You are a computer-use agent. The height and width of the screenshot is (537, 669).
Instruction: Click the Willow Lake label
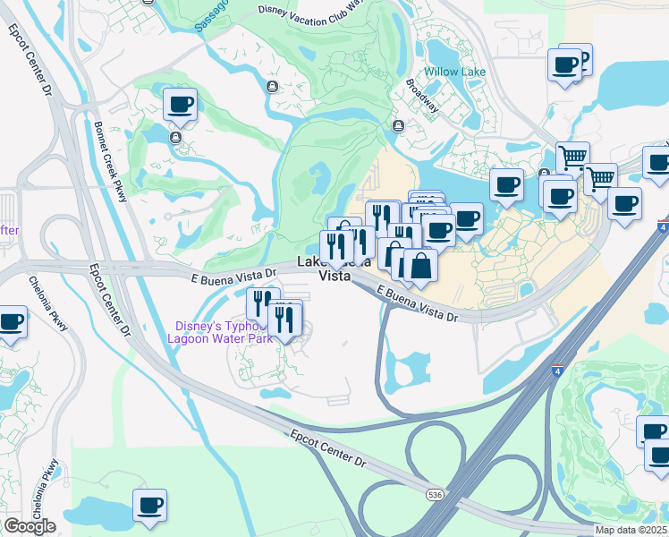453,72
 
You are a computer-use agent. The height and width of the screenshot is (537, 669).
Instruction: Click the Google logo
29,525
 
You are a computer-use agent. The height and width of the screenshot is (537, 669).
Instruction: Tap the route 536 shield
435,493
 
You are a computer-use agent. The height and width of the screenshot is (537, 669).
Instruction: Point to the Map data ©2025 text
631,530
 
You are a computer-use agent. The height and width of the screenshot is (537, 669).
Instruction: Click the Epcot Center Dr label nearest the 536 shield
327,448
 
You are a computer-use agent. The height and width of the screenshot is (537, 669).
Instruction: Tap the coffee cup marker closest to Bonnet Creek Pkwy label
180,104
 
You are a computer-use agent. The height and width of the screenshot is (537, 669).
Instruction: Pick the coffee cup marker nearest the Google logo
149,505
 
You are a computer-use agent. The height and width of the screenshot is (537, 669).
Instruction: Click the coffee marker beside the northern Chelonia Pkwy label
11,322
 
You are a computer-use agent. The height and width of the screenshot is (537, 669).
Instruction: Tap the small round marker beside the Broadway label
397,125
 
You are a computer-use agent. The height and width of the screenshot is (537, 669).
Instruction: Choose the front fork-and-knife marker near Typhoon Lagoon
284,318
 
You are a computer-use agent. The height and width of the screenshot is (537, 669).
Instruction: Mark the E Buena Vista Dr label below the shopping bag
417,305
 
